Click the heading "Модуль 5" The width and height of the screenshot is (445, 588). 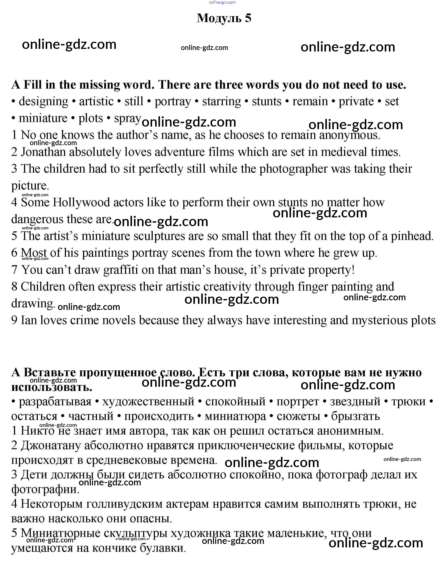pos(224,18)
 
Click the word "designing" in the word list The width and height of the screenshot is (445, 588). pos(43,101)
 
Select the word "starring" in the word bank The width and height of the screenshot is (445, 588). pos(221,101)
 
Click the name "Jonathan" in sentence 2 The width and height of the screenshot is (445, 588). pos(43,152)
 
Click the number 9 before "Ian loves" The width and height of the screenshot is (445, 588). pos(14,320)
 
